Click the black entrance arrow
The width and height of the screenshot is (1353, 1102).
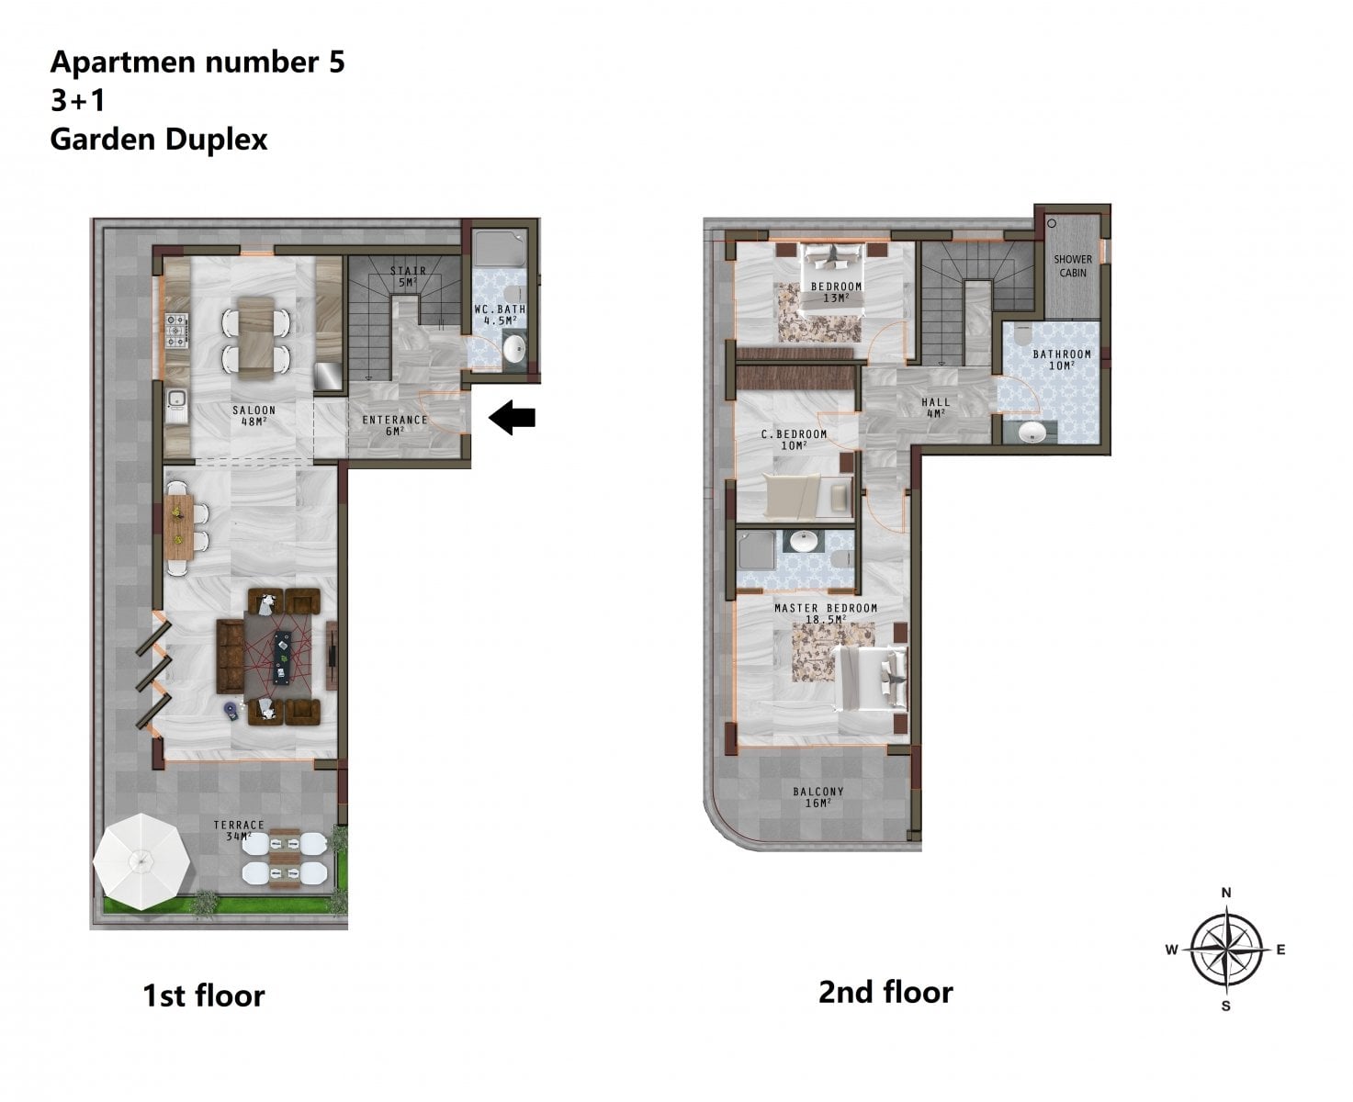(x=512, y=417)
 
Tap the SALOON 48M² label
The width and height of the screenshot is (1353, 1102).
(x=254, y=415)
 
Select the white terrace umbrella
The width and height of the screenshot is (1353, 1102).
(x=141, y=861)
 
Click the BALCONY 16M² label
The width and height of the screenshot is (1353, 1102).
(x=818, y=797)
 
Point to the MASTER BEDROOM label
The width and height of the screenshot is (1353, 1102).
(x=826, y=608)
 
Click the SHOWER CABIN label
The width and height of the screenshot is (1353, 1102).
(x=1073, y=266)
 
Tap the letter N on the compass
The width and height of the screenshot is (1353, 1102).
(x=1226, y=893)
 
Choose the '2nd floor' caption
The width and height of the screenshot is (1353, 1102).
(x=885, y=992)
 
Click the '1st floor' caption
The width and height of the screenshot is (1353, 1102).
(x=203, y=995)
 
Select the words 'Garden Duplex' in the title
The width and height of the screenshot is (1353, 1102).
(x=159, y=140)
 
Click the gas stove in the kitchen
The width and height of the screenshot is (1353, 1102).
(x=176, y=330)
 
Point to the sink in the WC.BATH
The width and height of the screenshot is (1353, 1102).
(x=513, y=348)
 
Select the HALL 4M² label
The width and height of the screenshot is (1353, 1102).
(x=936, y=407)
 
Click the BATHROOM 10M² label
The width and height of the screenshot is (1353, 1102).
(x=1062, y=359)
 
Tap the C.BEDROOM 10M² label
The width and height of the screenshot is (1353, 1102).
(x=794, y=440)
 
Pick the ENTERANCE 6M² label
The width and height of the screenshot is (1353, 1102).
(x=394, y=425)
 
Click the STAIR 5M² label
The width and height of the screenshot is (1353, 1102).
(x=408, y=276)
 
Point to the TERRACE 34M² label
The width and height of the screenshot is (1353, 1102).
(x=238, y=830)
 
